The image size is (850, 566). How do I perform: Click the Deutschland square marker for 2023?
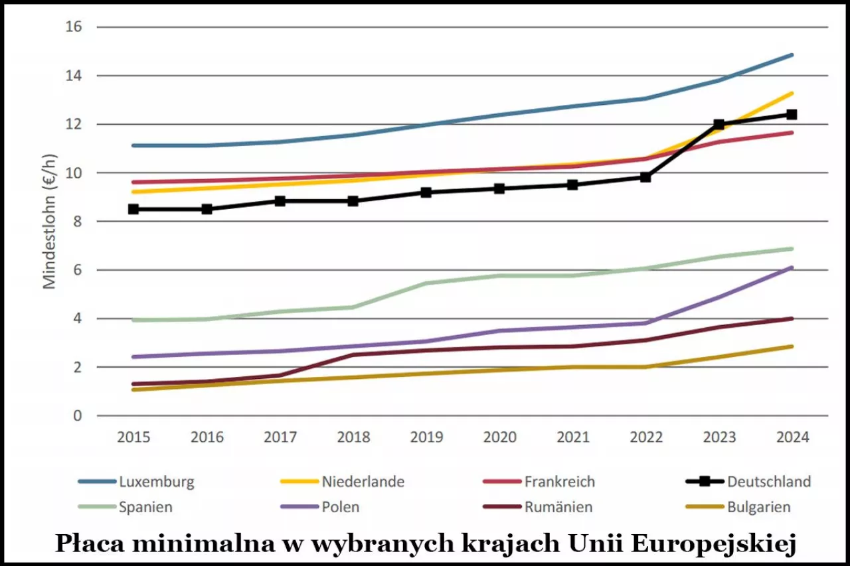(x=719, y=125)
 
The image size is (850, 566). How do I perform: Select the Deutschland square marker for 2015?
(x=133, y=209)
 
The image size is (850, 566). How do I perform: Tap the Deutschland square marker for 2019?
(x=426, y=192)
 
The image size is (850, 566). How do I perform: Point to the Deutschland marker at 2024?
(x=792, y=115)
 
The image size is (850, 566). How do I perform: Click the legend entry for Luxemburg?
(x=157, y=482)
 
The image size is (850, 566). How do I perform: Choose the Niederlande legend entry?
(x=363, y=482)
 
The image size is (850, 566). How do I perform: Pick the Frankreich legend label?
(x=559, y=482)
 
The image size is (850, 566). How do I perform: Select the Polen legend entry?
(x=341, y=507)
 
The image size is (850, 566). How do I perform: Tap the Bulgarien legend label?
(x=758, y=507)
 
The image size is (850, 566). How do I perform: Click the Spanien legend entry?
(x=145, y=507)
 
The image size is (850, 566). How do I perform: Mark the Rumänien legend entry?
(x=558, y=507)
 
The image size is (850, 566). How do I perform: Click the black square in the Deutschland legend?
(x=699, y=482)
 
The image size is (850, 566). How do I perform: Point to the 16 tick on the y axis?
(x=73, y=27)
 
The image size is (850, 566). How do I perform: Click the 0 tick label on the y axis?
(x=77, y=416)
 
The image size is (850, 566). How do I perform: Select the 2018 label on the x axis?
(x=353, y=437)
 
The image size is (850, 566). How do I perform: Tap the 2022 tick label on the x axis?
(x=646, y=437)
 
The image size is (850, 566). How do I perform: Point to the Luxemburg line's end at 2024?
(x=792, y=55)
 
